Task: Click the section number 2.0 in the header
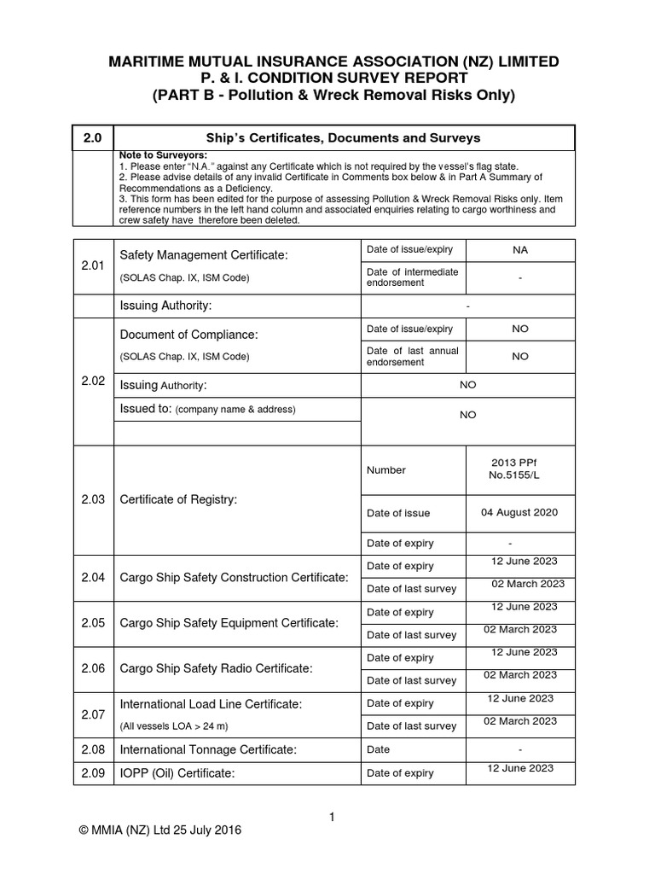(x=91, y=137)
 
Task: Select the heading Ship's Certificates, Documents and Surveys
(x=343, y=137)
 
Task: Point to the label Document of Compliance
(x=188, y=335)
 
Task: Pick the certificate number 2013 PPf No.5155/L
(x=519, y=469)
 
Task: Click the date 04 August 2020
(x=519, y=513)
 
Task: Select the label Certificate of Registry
(x=178, y=499)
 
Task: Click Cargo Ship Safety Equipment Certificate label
(x=229, y=624)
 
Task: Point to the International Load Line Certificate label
(x=212, y=704)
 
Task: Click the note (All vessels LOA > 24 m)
(x=174, y=725)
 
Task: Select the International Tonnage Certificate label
(x=208, y=749)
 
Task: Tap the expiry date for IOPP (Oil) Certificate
(x=519, y=768)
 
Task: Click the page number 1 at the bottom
(x=332, y=817)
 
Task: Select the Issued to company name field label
(x=207, y=409)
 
